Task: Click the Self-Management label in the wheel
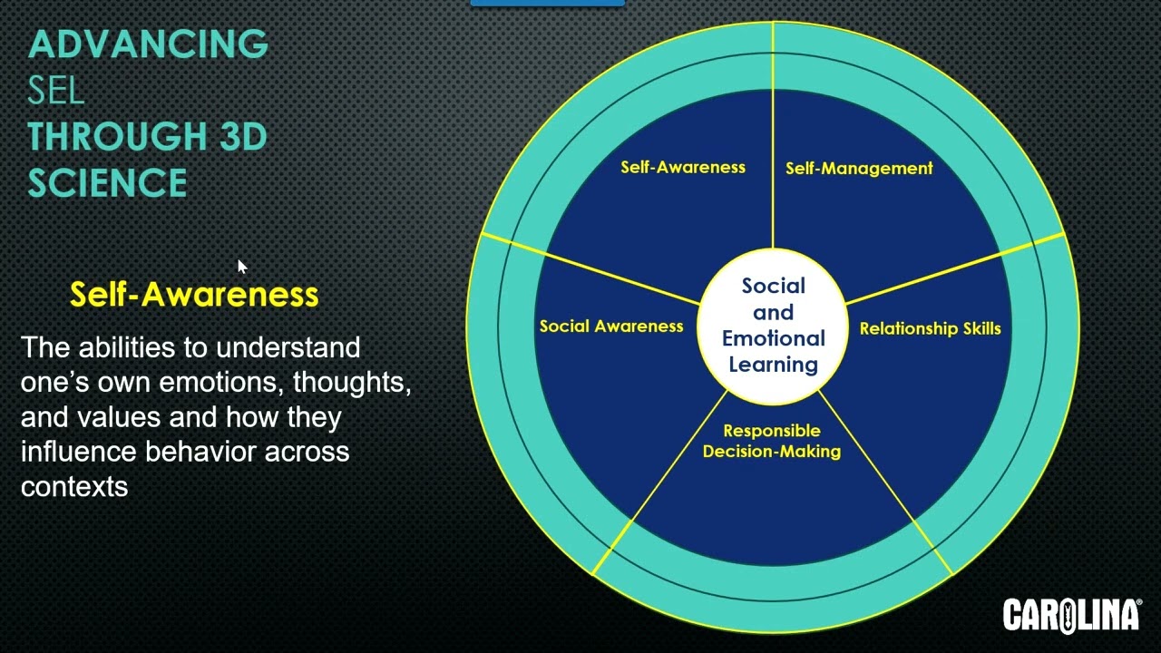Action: pos(858,168)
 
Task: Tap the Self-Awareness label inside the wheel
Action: pos(683,167)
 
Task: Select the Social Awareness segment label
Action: pos(611,326)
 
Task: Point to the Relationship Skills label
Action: pos(930,328)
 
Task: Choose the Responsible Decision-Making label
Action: pos(772,441)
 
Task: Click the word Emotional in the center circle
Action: pos(774,338)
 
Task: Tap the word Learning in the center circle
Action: pos(774,365)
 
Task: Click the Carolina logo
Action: pos(1071,614)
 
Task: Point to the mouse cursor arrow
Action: pos(242,267)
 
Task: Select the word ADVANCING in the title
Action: pos(148,44)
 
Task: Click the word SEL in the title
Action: pos(56,90)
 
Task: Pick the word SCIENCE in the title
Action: pos(107,183)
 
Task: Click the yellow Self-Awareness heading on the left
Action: pos(194,294)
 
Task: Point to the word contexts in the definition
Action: pos(74,486)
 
